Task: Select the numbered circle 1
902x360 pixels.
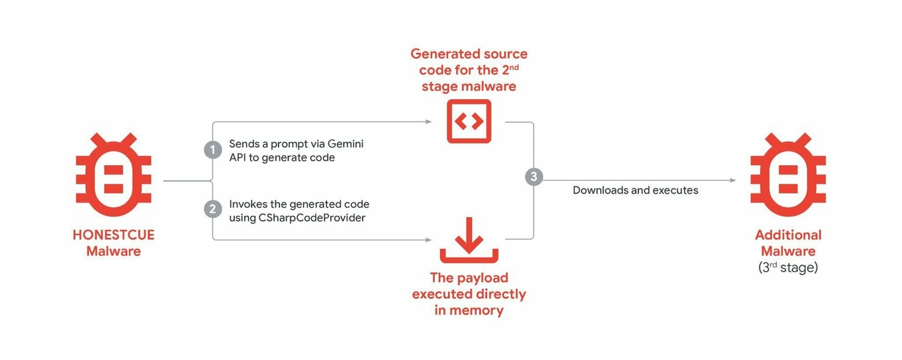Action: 212,150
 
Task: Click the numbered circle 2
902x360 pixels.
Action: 212,209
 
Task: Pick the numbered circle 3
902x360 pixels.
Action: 533,177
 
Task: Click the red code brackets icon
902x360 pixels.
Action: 469,121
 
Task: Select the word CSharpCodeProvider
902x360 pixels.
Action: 311,218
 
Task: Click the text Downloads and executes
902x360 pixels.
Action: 635,191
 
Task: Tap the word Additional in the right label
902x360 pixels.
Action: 788,235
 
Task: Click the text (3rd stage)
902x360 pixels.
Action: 788,267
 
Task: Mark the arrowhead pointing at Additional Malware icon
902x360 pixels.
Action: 732,180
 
